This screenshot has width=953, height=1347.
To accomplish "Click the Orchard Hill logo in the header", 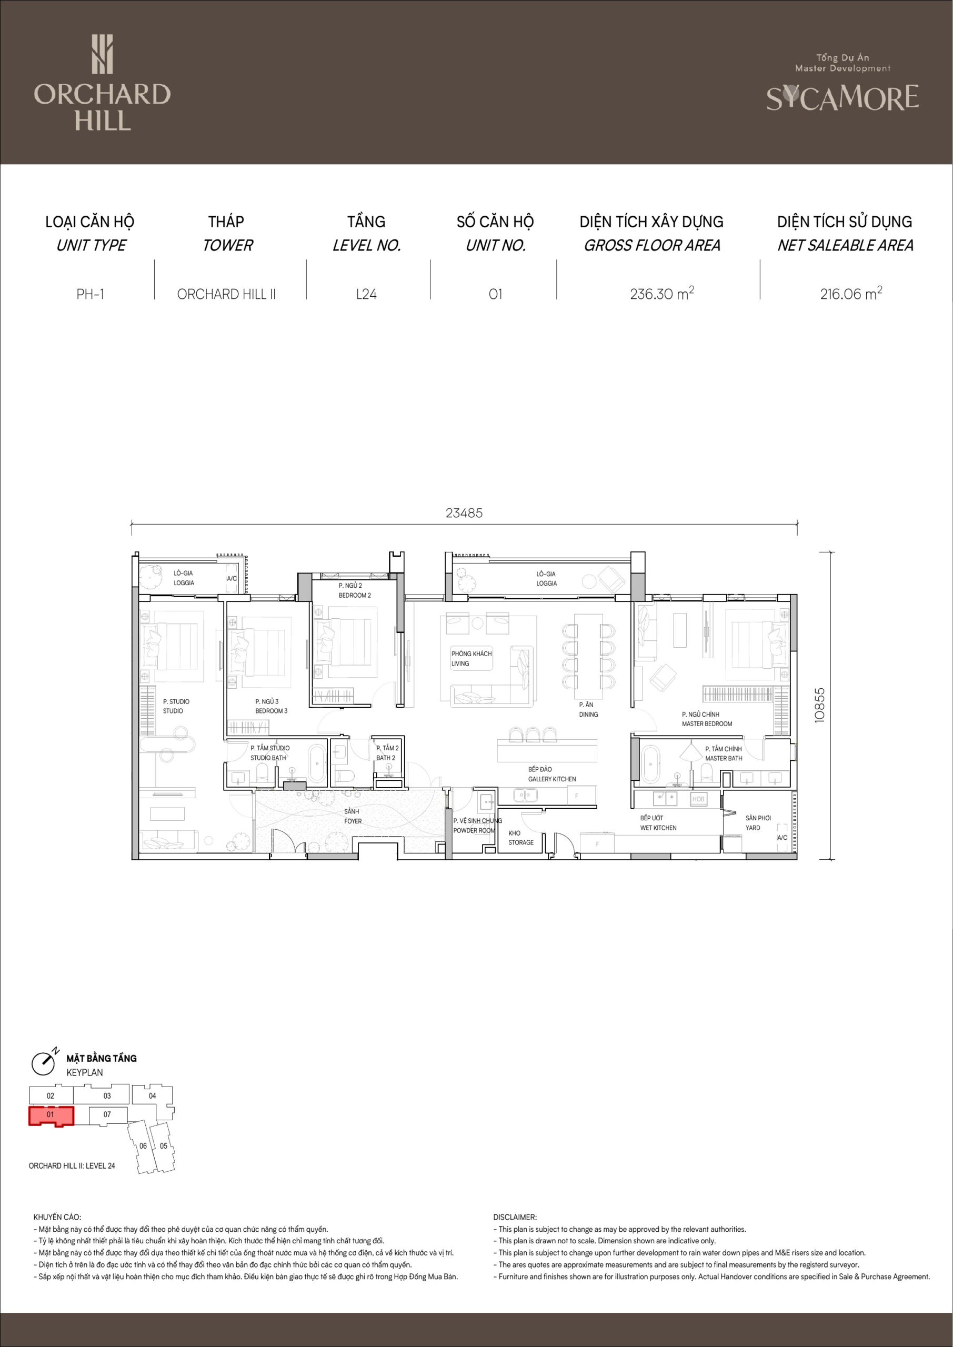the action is [102, 82].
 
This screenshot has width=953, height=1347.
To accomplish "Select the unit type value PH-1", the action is [91, 294].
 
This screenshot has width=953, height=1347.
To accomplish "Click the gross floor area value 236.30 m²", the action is [662, 293].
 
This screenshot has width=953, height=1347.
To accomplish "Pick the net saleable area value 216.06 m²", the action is [851, 293].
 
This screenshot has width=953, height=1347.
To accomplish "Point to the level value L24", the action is [366, 294].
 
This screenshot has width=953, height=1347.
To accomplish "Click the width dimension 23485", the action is [464, 512].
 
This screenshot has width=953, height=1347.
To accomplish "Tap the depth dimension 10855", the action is [820, 705].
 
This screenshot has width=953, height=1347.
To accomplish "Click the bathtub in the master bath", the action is [651, 764].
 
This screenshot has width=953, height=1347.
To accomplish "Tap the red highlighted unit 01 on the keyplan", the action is [51, 1116].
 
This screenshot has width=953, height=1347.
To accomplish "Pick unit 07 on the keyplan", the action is [107, 1114].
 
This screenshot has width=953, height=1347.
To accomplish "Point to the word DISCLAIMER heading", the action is [515, 1218].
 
